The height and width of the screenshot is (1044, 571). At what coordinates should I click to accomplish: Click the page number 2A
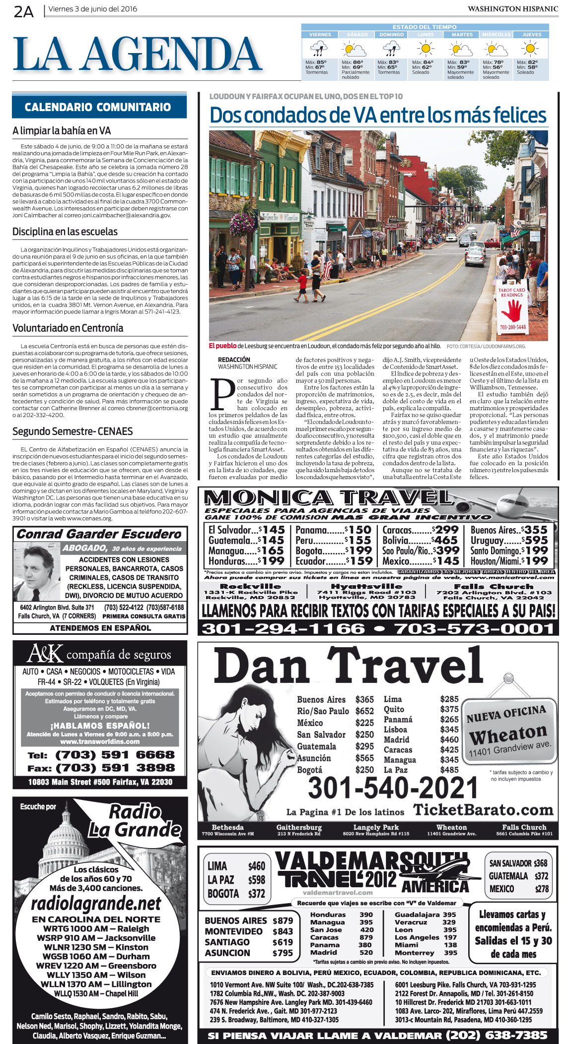point(23,11)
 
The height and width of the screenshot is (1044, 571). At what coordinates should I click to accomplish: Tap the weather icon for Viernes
point(318,49)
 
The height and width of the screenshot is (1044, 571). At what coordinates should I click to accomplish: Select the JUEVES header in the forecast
point(531,35)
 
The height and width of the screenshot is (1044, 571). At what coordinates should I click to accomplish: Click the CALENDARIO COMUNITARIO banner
point(98,107)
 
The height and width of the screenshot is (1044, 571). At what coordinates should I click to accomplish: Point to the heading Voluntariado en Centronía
point(68,328)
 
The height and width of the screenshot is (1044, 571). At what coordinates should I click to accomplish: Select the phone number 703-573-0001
point(474,629)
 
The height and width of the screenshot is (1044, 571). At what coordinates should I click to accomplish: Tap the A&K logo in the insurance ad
point(45,654)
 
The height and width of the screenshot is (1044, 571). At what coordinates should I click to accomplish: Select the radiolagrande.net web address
point(96,904)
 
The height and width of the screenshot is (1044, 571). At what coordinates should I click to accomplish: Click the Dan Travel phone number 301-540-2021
point(393,788)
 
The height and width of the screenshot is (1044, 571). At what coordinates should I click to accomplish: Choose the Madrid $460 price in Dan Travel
point(421,739)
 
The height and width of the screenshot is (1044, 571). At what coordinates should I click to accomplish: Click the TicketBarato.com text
point(483,810)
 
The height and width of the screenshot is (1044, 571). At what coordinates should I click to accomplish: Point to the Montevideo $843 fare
point(249,931)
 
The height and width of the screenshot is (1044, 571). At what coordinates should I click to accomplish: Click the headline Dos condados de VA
point(378,116)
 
